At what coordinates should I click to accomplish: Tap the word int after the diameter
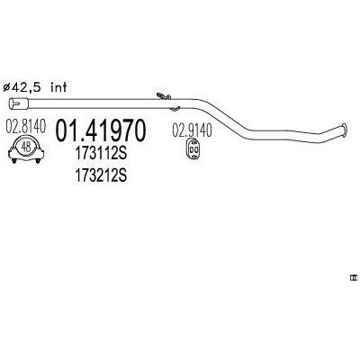pyautogui.click(x=58, y=87)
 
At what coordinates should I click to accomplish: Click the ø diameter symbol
pyautogui.click(x=6, y=88)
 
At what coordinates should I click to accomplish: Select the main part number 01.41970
pyautogui.click(x=101, y=131)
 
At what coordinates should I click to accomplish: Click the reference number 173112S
pyautogui.click(x=101, y=155)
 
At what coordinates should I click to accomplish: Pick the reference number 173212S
pyautogui.click(x=101, y=175)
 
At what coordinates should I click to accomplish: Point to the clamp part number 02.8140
pyautogui.click(x=26, y=126)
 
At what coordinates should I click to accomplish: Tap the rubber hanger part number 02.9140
pyautogui.click(x=192, y=130)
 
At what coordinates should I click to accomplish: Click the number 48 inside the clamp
pyautogui.click(x=26, y=147)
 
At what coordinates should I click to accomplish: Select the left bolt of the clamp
pyautogui.click(x=13, y=160)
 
